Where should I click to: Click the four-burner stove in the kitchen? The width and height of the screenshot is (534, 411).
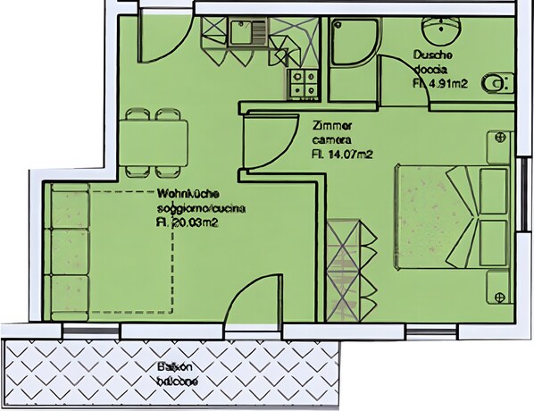[x=303, y=83]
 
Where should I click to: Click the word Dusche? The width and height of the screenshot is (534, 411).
[x=433, y=55]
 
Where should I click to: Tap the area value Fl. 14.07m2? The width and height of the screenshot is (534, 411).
[x=341, y=155]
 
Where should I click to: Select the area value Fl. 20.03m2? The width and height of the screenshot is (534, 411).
[x=188, y=222]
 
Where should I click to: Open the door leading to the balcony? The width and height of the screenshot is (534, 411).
[x=238, y=317]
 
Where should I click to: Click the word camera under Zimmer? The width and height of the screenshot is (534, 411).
[x=332, y=140]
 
